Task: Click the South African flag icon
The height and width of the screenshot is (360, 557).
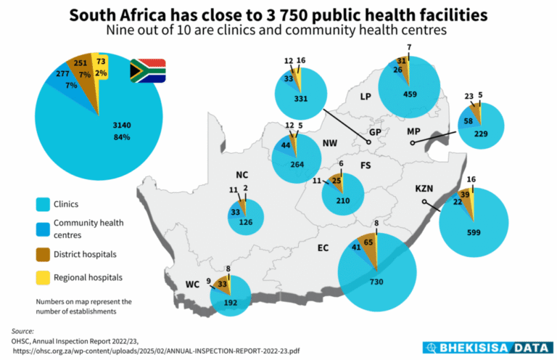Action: tap(147, 70)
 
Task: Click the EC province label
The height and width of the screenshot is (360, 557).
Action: tap(323, 247)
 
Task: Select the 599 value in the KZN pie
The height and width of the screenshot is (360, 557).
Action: tap(474, 232)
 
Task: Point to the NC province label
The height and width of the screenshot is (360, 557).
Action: tap(242, 175)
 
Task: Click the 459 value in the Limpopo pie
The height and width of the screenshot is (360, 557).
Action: tap(411, 94)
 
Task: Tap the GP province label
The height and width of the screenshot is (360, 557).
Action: tap(376, 133)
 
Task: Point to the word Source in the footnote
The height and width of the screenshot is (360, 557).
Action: tap(24, 331)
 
